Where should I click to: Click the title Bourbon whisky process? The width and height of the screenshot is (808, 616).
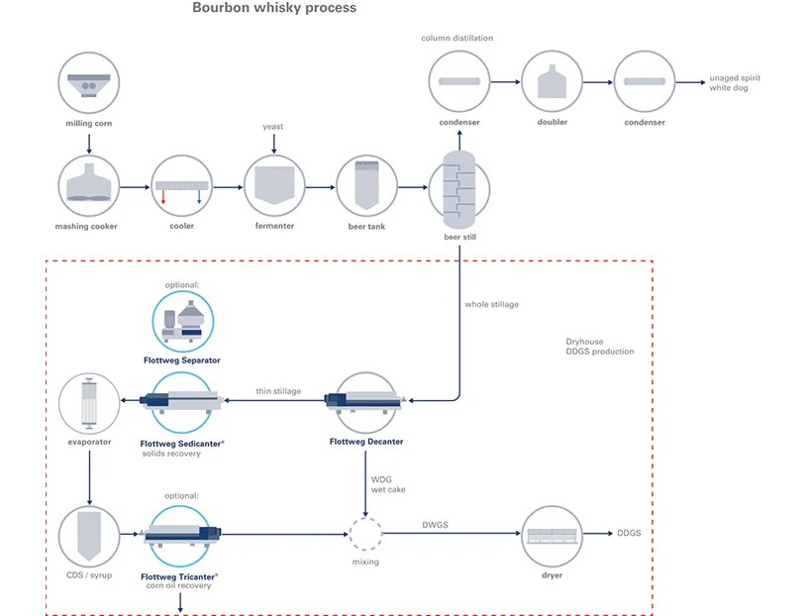click(274, 8)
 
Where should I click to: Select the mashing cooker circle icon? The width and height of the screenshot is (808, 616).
click(89, 185)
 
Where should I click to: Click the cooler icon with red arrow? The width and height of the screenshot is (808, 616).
click(182, 185)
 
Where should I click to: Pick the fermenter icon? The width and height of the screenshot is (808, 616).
click(274, 185)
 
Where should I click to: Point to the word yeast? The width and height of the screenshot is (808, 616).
click(273, 127)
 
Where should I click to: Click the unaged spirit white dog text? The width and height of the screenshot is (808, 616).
click(735, 83)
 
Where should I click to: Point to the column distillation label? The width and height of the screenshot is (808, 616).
click(456, 38)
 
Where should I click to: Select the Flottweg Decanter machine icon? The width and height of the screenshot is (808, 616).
click(366, 400)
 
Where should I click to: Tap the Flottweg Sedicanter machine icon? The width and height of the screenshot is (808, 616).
click(182, 400)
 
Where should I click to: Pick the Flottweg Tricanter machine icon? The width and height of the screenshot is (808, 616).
click(181, 534)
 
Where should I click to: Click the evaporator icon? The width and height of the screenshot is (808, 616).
click(89, 400)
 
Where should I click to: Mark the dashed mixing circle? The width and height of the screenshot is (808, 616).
click(366, 534)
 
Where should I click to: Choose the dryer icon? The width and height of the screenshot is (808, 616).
click(552, 534)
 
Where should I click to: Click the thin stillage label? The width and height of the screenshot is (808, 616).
click(278, 391)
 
